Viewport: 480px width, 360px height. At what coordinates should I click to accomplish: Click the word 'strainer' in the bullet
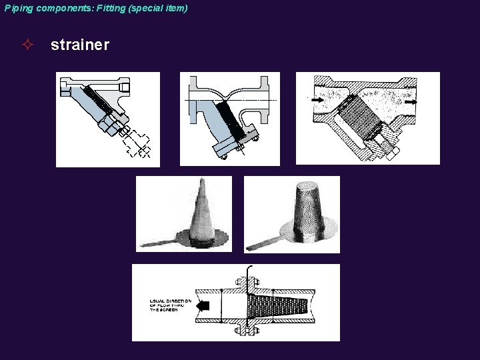(79, 45)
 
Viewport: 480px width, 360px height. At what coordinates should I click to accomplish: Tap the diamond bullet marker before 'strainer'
(27, 45)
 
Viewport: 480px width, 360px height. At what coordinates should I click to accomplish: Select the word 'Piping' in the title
(18, 8)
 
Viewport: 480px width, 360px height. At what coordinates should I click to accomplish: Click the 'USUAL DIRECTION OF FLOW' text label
(170, 306)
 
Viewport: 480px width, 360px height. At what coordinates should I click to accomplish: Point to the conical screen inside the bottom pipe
(273, 307)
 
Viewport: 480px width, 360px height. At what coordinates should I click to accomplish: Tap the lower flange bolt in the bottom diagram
(245, 330)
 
